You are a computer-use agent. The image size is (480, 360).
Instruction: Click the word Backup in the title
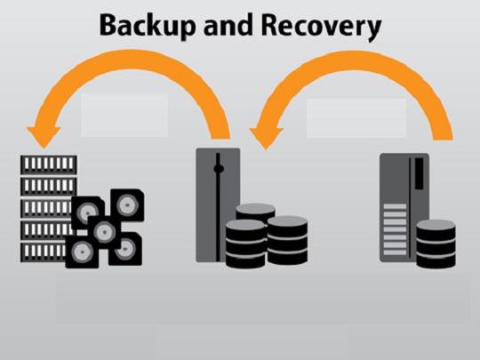[x=148, y=27]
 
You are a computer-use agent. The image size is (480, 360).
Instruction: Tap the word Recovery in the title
[x=321, y=27]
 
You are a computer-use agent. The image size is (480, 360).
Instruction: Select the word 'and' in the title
[x=228, y=25]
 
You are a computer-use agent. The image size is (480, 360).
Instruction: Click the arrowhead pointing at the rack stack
[x=44, y=137]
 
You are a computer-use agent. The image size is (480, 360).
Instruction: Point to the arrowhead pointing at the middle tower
[x=266, y=139]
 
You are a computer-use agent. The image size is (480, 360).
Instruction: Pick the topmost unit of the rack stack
[x=49, y=164]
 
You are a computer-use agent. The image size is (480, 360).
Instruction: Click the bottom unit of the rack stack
[x=44, y=252]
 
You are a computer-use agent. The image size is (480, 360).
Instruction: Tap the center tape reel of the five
[x=105, y=232]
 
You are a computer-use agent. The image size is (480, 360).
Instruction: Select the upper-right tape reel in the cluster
[x=127, y=205]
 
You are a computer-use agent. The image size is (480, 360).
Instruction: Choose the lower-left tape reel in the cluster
[x=82, y=252]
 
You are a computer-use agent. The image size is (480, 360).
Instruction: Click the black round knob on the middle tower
[x=219, y=169]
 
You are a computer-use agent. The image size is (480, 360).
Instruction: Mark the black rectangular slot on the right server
[x=419, y=173]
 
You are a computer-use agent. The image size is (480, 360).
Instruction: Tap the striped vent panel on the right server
[x=396, y=229]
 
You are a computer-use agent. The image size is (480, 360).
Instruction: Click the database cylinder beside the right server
[x=436, y=244]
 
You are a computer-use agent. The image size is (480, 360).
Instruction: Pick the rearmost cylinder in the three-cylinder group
[x=255, y=212]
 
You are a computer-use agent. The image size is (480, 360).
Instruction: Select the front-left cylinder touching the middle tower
[x=245, y=244]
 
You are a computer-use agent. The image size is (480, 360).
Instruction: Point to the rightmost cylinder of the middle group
[x=287, y=240]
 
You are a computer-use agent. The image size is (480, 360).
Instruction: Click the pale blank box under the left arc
[x=124, y=115]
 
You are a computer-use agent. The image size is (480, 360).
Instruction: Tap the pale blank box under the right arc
[x=356, y=118]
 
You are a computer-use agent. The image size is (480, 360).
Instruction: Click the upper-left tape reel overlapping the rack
[x=88, y=212]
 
